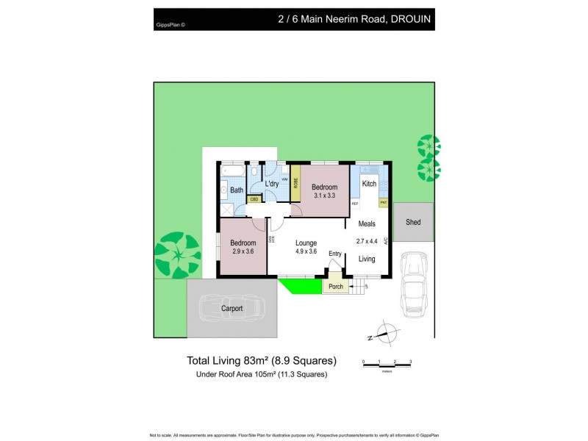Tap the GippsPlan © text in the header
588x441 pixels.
(x=171, y=24)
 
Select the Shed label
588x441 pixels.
(x=413, y=221)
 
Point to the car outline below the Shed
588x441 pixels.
(x=413, y=283)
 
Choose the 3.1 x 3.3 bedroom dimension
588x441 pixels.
(x=324, y=196)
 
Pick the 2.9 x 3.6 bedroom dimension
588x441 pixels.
(x=243, y=251)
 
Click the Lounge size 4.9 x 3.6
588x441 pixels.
(x=307, y=251)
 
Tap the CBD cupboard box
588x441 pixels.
(x=254, y=198)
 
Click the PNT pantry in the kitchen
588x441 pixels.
(x=383, y=201)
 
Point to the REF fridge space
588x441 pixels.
(x=354, y=203)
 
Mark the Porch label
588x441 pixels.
(x=336, y=286)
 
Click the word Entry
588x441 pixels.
(x=335, y=254)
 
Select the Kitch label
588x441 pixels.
(x=369, y=184)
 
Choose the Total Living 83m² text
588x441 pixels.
(x=262, y=360)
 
